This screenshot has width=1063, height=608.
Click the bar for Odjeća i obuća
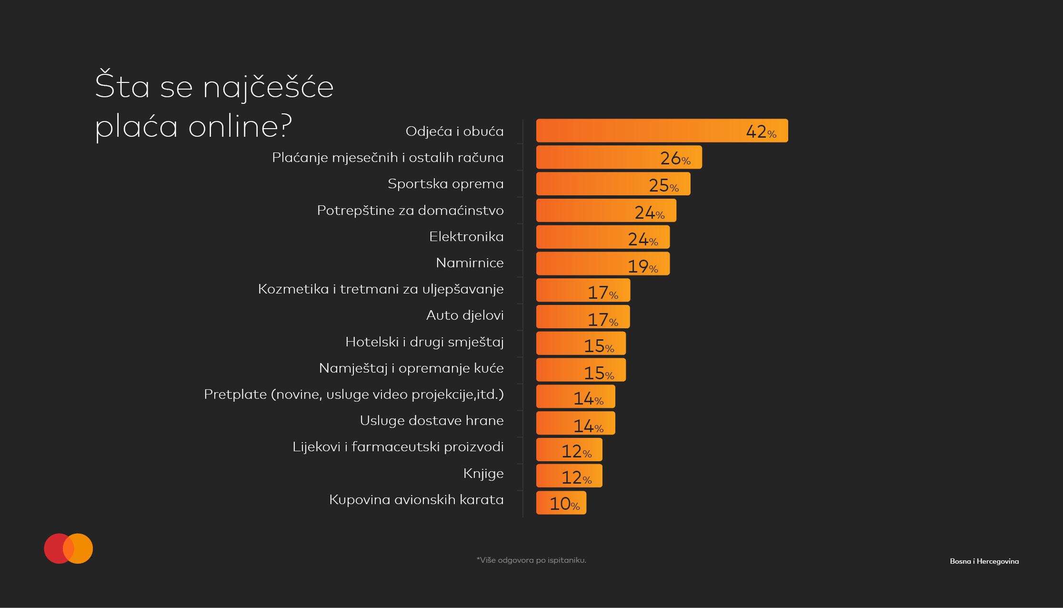[662, 131]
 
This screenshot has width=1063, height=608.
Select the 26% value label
[675, 158]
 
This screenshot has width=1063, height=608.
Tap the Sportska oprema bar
[613, 184]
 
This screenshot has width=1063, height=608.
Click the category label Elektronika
[466, 236]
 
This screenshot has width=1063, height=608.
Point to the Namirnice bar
[602, 263]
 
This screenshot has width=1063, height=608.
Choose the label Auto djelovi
[464, 315]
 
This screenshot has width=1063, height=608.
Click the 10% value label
[564, 504]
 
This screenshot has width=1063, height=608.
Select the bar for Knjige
[569, 476]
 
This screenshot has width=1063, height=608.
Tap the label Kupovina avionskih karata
[416, 499]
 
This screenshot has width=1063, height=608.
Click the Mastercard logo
[68, 548]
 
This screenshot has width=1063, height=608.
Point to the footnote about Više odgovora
[531, 560]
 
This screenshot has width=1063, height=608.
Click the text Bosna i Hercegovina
[984, 561]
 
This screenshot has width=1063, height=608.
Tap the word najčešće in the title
[268, 87]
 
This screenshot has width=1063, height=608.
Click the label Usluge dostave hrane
[431, 420]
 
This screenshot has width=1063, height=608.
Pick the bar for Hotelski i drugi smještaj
[581, 344]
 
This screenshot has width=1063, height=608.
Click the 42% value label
[761, 132]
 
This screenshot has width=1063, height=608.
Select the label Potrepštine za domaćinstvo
[410, 210]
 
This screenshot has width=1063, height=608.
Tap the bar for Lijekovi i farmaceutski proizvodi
[569, 450]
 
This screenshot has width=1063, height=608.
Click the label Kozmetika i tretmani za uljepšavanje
[381, 289]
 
